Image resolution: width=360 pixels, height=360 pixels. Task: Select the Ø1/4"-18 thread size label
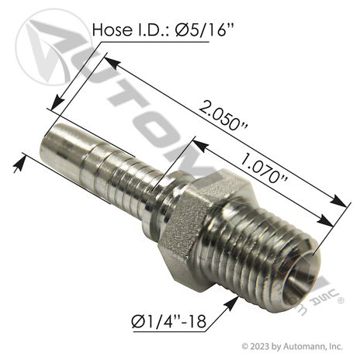[169, 322]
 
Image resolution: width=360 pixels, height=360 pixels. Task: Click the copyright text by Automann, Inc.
[292, 346]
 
